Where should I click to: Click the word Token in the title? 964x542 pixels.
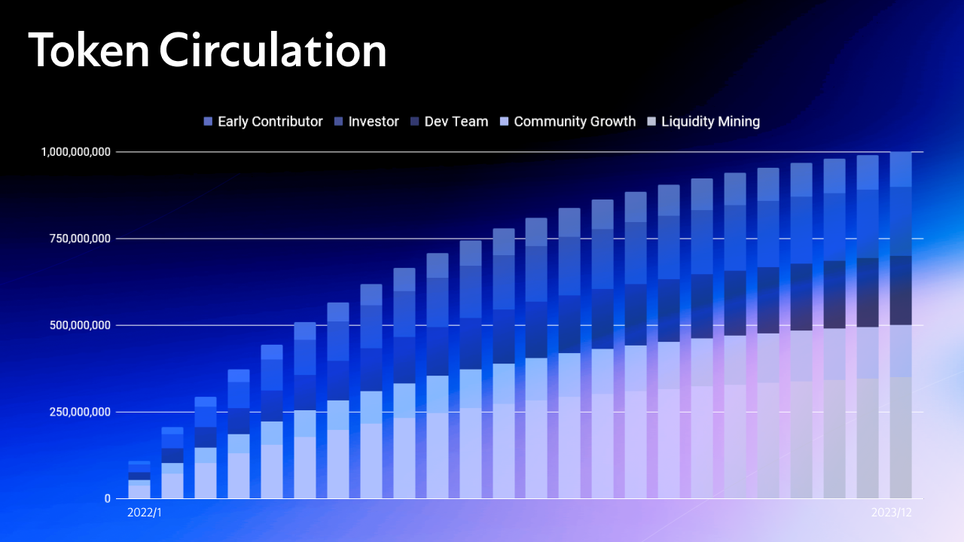tap(89, 50)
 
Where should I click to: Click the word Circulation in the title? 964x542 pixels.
tap(273, 50)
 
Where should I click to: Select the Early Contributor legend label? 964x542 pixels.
tap(270, 122)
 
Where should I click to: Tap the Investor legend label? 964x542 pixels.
tap(374, 122)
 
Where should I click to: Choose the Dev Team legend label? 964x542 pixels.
tap(456, 122)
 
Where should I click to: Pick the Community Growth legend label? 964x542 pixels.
tap(575, 122)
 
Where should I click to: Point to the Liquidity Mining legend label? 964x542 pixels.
tap(710, 122)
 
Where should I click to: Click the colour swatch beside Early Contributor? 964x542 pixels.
tap(208, 122)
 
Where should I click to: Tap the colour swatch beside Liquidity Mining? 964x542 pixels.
tap(651, 122)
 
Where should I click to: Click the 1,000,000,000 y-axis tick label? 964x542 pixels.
tap(76, 152)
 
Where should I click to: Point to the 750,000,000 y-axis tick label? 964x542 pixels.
tap(80, 239)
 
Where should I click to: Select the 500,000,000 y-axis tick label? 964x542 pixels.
tap(80, 325)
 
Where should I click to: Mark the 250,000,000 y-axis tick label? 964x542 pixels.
tap(80, 412)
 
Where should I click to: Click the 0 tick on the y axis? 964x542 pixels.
tap(108, 498)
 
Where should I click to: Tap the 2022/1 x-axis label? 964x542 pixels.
tap(145, 513)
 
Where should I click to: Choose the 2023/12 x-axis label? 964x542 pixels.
tap(892, 513)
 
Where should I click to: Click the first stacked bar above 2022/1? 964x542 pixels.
tap(139, 480)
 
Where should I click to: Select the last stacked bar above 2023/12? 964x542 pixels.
tap(901, 325)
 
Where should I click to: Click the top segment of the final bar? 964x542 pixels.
tap(901, 169)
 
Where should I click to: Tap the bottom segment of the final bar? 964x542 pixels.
tap(901, 438)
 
